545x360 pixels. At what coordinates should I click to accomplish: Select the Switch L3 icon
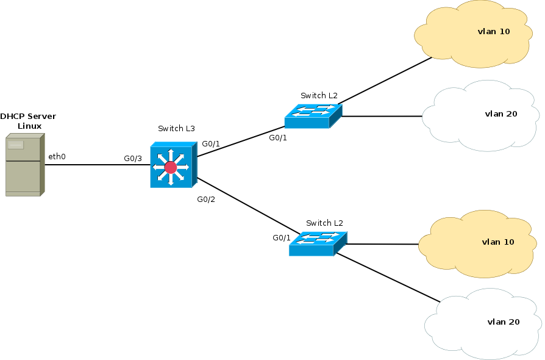pos(173,165)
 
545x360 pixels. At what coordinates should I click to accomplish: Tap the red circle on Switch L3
pos(171,167)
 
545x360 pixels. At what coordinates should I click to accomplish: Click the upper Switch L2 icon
pos(313,115)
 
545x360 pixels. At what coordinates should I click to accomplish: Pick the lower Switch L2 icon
pos(318,243)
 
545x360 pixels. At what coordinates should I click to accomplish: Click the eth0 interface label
pos(57,157)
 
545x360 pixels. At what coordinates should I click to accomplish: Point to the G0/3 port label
pos(132,159)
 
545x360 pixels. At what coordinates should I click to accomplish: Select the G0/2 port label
pos(206,200)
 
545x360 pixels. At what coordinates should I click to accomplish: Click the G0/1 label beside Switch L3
pos(211,144)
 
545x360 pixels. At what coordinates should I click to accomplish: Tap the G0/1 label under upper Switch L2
pos(278,138)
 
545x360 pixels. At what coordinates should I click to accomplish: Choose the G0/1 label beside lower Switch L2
pos(282,238)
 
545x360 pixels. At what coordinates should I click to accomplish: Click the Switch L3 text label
pos(176,129)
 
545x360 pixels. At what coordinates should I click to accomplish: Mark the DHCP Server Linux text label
pos(28,121)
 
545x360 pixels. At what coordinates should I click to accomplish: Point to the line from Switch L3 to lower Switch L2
pos(247,206)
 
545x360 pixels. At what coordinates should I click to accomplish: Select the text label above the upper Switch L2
pos(319,96)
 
